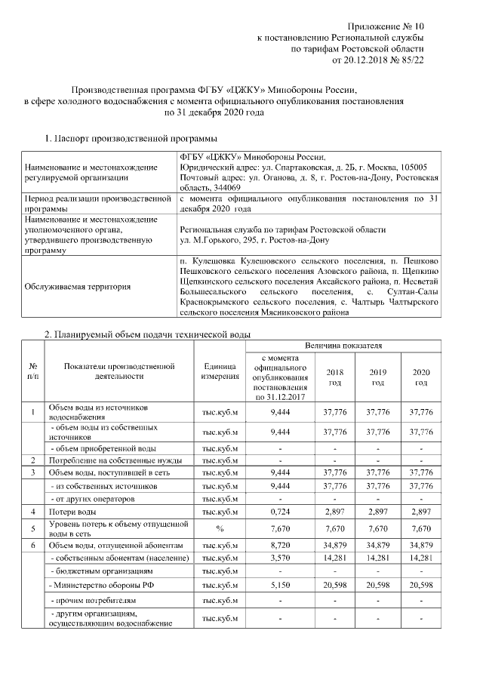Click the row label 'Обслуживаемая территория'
coord(78,286)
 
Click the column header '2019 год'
coord(377,377)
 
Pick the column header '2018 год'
coord(334,377)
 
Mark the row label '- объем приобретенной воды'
coord(98,448)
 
